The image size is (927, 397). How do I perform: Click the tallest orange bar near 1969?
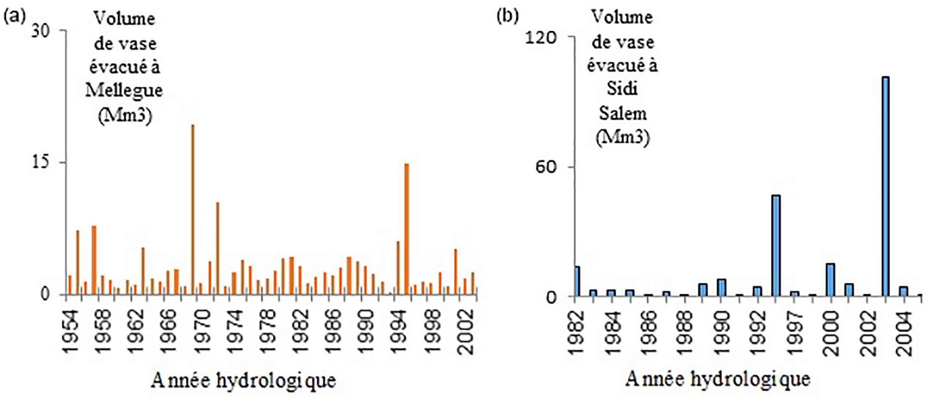pyautogui.click(x=193, y=209)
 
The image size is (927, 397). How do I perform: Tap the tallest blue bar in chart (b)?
pyautogui.click(x=885, y=186)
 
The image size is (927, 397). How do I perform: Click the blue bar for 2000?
pyautogui.click(x=830, y=279)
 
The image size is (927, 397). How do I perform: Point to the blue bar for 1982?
pyautogui.click(x=577, y=281)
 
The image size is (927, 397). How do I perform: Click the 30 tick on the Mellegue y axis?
pyautogui.click(x=41, y=31)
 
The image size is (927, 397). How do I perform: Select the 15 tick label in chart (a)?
pyautogui.click(x=41, y=163)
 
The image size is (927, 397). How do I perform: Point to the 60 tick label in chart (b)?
pyautogui.click(x=546, y=167)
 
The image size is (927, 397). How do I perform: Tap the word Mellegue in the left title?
pyautogui.click(x=124, y=90)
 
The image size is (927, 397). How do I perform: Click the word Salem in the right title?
pyautogui.click(x=622, y=113)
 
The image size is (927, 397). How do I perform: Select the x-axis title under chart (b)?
pyautogui.click(x=718, y=379)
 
